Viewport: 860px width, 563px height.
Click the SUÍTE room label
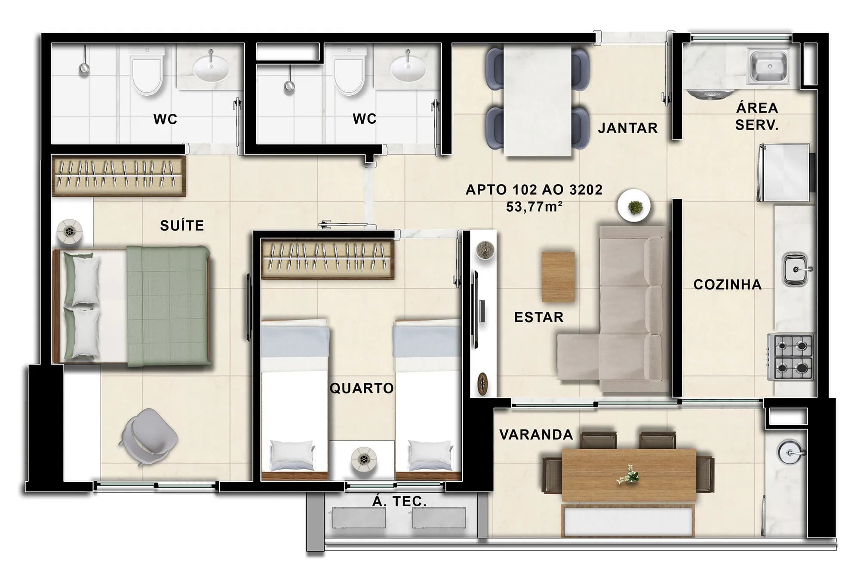point(182,225)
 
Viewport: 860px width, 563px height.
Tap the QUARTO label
point(361,388)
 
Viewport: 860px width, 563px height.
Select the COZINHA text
point(728,284)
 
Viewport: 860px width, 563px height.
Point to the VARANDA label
point(536,435)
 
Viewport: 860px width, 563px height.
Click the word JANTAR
point(628,128)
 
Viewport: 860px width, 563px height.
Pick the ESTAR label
point(539,317)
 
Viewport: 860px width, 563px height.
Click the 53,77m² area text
point(534,207)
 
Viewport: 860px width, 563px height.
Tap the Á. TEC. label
point(399,501)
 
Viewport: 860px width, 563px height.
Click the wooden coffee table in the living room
point(558,277)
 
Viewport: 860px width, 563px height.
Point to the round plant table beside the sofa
point(634,207)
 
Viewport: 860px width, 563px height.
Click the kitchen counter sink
point(795,269)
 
